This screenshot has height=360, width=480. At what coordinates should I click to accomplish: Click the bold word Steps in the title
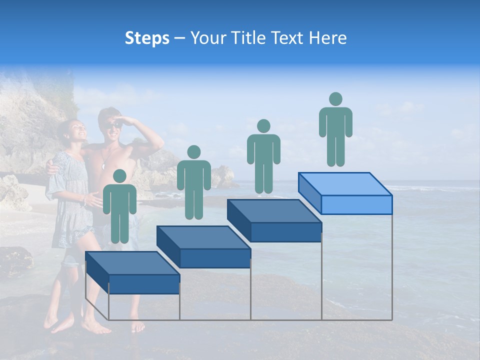(x=147, y=38)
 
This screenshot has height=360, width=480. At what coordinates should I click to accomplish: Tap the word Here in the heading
(x=327, y=38)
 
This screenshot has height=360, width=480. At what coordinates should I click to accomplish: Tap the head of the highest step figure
(x=335, y=99)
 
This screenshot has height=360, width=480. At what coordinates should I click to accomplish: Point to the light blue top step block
(x=345, y=192)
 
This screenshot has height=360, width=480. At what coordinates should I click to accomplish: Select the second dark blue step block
(x=203, y=246)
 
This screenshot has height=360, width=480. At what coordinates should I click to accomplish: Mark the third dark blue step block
(x=274, y=220)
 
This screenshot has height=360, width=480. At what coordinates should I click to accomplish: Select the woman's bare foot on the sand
(x=96, y=328)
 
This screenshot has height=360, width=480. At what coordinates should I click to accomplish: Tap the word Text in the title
(x=286, y=38)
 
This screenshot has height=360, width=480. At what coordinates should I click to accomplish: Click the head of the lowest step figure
(x=119, y=176)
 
